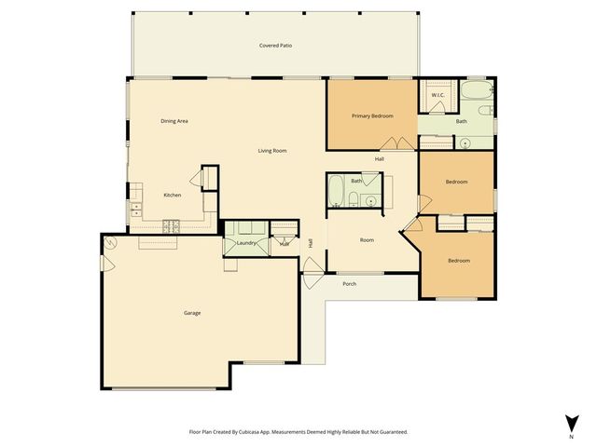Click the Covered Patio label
[x=275, y=46]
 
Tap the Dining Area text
[x=174, y=121]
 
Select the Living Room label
[x=272, y=151]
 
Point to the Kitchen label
[x=173, y=195]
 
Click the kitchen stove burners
[x=172, y=224]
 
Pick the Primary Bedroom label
[x=372, y=115]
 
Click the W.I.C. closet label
[x=437, y=96]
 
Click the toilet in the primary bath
[x=486, y=111]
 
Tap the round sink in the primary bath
[x=465, y=142]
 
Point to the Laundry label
[x=246, y=243]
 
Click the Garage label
[x=192, y=313]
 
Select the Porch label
[x=350, y=283]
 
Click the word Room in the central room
[x=368, y=240]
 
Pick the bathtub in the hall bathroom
[x=336, y=193]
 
